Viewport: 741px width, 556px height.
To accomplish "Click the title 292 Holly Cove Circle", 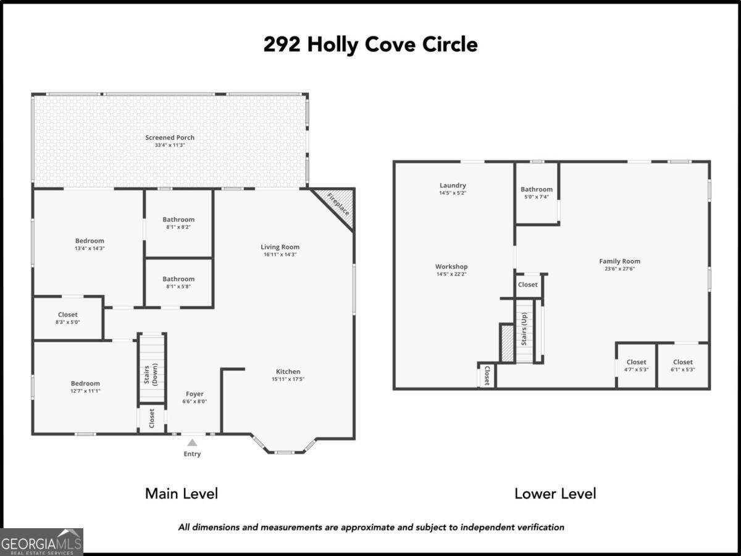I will pyautogui.click(x=370, y=45).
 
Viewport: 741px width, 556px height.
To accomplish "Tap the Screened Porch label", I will pyautogui.click(x=170, y=137).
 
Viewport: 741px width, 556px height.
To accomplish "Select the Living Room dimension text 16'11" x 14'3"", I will pyautogui.click(x=280, y=255).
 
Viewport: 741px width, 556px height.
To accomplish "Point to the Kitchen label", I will pyautogui.click(x=288, y=371).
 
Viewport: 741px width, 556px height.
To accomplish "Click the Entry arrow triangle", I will pyautogui.click(x=192, y=442).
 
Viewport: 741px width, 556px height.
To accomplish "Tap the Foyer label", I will pyautogui.click(x=195, y=394).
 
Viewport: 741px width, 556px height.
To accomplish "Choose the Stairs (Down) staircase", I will pyautogui.click(x=152, y=368).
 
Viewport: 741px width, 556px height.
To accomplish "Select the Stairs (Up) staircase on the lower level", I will pyautogui.click(x=524, y=331).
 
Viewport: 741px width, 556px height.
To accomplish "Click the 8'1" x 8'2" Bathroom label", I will pyautogui.click(x=178, y=219).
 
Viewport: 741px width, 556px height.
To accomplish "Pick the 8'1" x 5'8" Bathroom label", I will pyautogui.click(x=178, y=279).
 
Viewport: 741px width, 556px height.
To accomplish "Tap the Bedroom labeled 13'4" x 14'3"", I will pyautogui.click(x=90, y=241).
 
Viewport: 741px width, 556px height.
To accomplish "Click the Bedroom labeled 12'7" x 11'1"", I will pyautogui.click(x=85, y=384).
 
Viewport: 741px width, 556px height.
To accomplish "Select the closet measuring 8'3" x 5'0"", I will pyautogui.click(x=68, y=315).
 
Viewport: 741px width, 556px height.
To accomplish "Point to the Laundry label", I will pyautogui.click(x=453, y=185).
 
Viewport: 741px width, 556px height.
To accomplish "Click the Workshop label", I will pyautogui.click(x=451, y=267).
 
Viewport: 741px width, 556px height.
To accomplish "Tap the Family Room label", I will pyautogui.click(x=619, y=261).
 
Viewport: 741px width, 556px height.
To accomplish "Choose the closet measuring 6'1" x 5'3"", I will pyautogui.click(x=683, y=362).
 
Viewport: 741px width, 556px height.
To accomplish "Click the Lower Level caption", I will pyautogui.click(x=555, y=494).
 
